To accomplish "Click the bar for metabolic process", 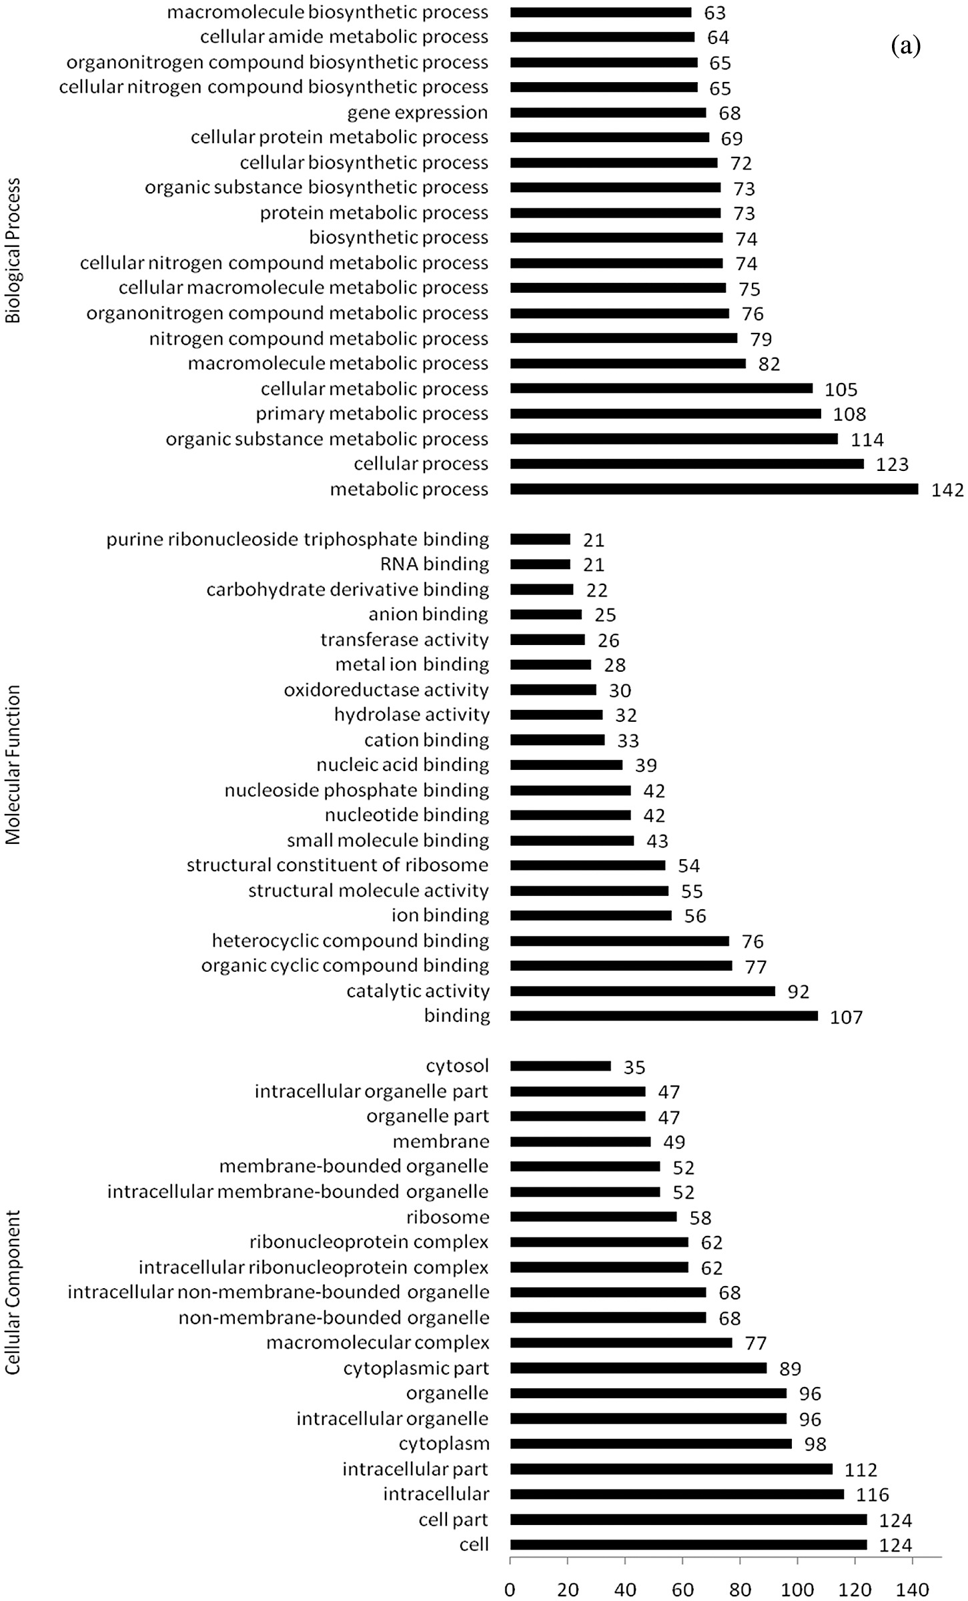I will [x=714, y=489].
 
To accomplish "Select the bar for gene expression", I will [x=608, y=113].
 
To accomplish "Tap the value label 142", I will [x=947, y=490].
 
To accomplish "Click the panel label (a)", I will [x=905, y=46].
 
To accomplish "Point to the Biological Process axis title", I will [x=13, y=251].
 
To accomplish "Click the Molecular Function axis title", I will [x=13, y=765].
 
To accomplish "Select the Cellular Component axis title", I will [x=13, y=1291].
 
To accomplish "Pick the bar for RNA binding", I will [x=540, y=564].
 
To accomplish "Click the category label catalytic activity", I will [x=418, y=991].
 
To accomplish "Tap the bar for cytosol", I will [x=560, y=1066].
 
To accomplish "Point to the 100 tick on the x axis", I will [x=798, y=1589].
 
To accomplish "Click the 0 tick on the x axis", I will [x=510, y=1589].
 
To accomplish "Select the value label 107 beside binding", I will [x=846, y=1017].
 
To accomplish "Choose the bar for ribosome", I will [x=593, y=1217].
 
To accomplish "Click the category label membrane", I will [x=440, y=1141].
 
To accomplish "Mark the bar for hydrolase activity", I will [x=556, y=714].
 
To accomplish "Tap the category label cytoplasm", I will [x=444, y=1443].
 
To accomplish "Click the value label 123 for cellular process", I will [x=892, y=464].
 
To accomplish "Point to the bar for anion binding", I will [x=546, y=614].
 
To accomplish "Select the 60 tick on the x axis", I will [x=682, y=1589].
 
